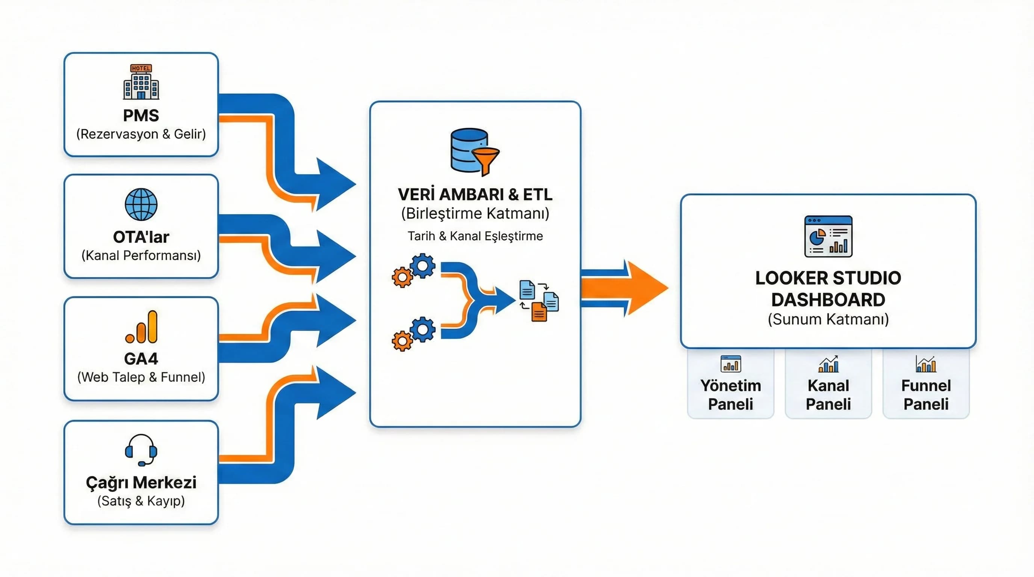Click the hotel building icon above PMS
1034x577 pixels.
(141, 82)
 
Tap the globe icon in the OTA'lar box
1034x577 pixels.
(141, 204)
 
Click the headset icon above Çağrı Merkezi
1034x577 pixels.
(141, 450)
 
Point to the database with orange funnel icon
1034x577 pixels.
(474, 152)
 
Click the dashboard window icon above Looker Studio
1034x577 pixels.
(828, 236)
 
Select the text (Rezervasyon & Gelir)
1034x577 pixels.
(141, 134)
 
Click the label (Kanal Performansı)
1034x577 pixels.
(141, 255)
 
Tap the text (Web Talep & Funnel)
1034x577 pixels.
(141, 377)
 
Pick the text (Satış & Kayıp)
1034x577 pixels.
(141, 501)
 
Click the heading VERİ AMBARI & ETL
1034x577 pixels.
(475, 195)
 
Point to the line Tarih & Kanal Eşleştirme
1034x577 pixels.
(475, 236)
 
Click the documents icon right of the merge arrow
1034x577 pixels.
(539, 301)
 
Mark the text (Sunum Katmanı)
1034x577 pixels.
(828, 319)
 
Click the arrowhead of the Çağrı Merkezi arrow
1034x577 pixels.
(335, 393)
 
